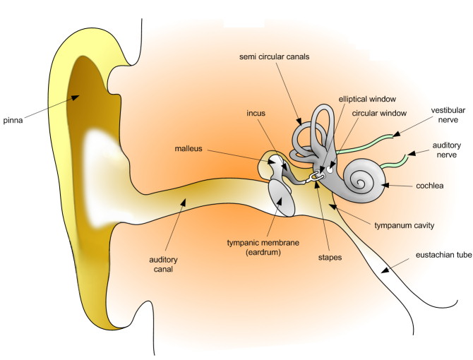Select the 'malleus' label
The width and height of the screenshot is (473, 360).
[x=191, y=148]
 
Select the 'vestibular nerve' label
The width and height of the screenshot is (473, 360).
[x=450, y=114]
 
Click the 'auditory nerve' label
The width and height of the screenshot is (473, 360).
[x=450, y=151]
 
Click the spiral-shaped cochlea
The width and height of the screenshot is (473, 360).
[x=364, y=180]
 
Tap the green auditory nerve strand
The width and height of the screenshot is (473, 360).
[x=395, y=161]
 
